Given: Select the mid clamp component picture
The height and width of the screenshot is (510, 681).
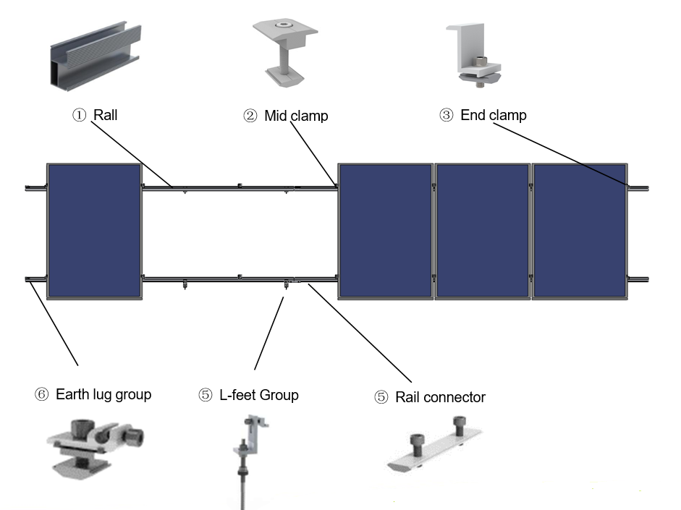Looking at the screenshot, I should [x=286, y=50].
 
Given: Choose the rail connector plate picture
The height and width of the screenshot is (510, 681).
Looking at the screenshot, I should [x=433, y=449].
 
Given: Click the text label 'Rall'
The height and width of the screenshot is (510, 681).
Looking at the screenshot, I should [x=106, y=115].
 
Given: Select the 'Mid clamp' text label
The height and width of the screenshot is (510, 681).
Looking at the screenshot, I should [x=296, y=116].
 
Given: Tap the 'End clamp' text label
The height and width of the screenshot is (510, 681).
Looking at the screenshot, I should [x=494, y=115].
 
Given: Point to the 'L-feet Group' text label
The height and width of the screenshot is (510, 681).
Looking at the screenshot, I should [x=258, y=395].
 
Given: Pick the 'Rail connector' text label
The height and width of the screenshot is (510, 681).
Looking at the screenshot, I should [x=440, y=397].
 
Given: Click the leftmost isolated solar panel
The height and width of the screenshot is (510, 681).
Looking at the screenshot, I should [x=94, y=231].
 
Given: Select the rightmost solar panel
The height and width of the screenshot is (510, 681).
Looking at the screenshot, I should [x=580, y=231].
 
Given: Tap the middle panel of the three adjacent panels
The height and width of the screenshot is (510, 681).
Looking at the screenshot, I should [x=482, y=231].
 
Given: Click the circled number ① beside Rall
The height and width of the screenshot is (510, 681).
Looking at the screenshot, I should [x=79, y=115].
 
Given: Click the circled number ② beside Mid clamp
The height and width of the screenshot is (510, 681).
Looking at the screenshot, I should [x=250, y=116].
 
